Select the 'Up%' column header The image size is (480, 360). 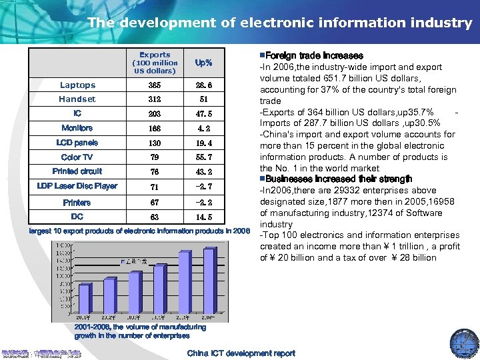point(203,63)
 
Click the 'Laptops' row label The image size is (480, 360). point(77,85)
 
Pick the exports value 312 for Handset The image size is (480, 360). point(155,99)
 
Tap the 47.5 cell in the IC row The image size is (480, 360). point(203,114)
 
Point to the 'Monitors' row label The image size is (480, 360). point(77,128)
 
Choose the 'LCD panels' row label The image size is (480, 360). point(77,143)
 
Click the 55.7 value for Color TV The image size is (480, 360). point(203,157)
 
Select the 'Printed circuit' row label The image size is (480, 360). point(77,171)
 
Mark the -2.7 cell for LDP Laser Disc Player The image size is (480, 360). point(203,187)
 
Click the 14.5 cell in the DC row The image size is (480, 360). point(203,217)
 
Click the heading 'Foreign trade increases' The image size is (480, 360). point(313,55)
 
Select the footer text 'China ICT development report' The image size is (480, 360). point(241,353)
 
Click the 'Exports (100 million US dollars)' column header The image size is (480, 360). point(155,63)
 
